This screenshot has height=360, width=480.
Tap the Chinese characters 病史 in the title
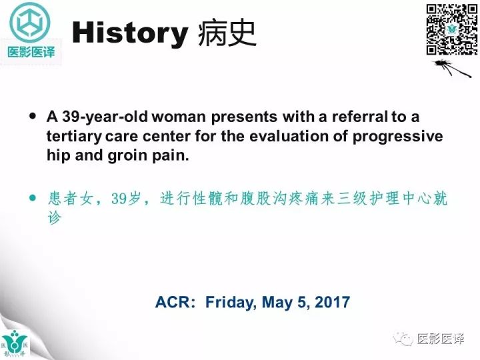coord(227,33)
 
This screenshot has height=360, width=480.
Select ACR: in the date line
coord(176,302)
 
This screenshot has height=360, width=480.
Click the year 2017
coord(330,302)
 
